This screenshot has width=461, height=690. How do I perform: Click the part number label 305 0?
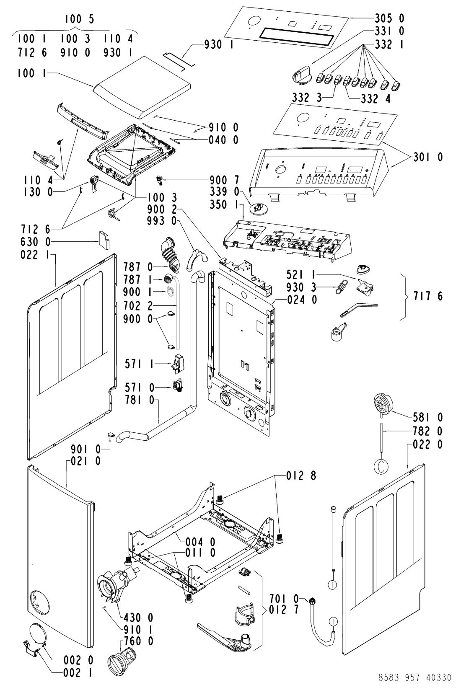(x=389, y=18)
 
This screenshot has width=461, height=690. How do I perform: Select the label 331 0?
(x=389, y=31)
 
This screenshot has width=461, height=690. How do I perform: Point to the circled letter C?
(x=381, y=467)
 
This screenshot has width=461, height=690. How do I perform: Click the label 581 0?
(x=428, y=417)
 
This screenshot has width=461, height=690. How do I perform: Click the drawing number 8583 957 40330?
(x=415, y=677)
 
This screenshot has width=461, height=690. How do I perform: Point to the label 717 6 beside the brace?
(x=428, y=296)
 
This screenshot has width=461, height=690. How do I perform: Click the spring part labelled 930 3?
(x=340, y=287)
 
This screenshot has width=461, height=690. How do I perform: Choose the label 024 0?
(x=302, y=300)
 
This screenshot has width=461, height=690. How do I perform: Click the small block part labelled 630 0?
(x=104, y=240)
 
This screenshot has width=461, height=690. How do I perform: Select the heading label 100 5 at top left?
(x=79, y=19)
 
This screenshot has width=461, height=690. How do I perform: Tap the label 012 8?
(x=301, y=476)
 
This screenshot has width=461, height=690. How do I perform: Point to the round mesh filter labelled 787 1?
(x=168, y=279)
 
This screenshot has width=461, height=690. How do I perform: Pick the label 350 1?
(x=224, y=204)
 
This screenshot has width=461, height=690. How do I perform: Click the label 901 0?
(x=85, y=450)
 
